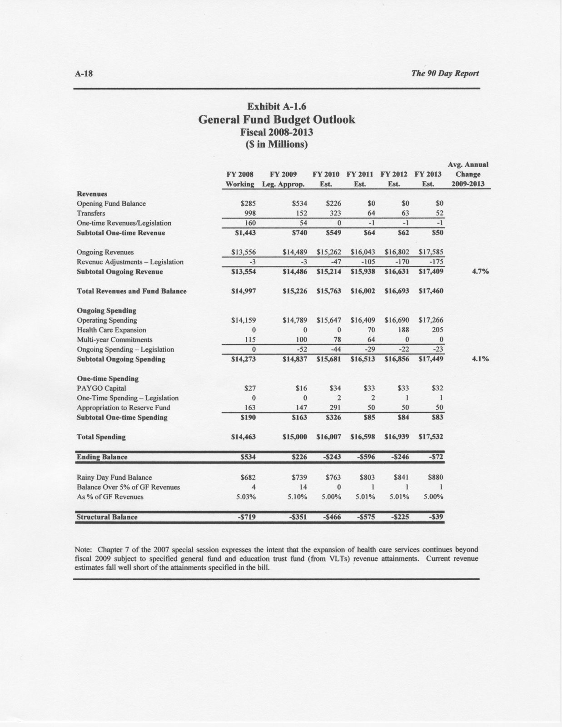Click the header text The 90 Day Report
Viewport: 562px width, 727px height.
(445, 73)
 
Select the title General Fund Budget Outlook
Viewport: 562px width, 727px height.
(277, 120)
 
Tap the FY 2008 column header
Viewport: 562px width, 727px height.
(240, 174)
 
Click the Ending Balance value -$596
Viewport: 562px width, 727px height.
(365, 457)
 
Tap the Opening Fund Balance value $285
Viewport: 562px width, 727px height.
(247, 204)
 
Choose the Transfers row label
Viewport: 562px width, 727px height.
(91, 214)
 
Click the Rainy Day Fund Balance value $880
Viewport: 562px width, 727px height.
(435, 478)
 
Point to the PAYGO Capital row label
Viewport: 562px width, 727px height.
(101, 388)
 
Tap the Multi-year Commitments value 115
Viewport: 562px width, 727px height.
(249, 340)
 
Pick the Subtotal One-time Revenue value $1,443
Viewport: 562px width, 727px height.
(244, 233)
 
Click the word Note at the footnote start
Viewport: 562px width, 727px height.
(83, 549)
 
